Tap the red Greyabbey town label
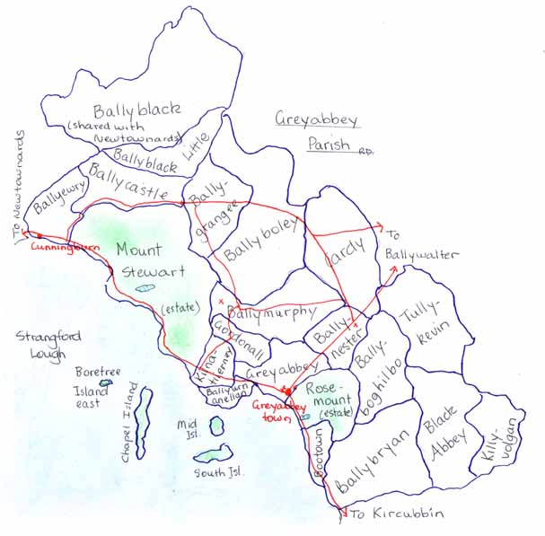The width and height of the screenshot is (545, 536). pos(274,411)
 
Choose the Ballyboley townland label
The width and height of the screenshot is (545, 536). pos(255,242)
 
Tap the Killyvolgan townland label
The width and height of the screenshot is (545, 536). pos(499,442)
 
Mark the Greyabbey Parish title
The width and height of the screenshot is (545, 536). pos(316,130)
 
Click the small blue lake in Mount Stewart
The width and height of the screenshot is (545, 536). pos(145,288)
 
